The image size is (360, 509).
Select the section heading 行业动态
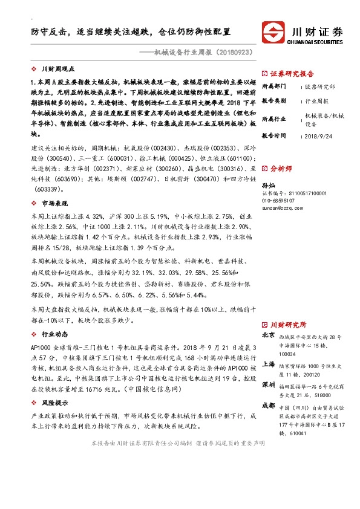(53, 333)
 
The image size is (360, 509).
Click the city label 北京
(269, 336)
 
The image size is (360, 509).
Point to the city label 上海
(269, 364)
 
